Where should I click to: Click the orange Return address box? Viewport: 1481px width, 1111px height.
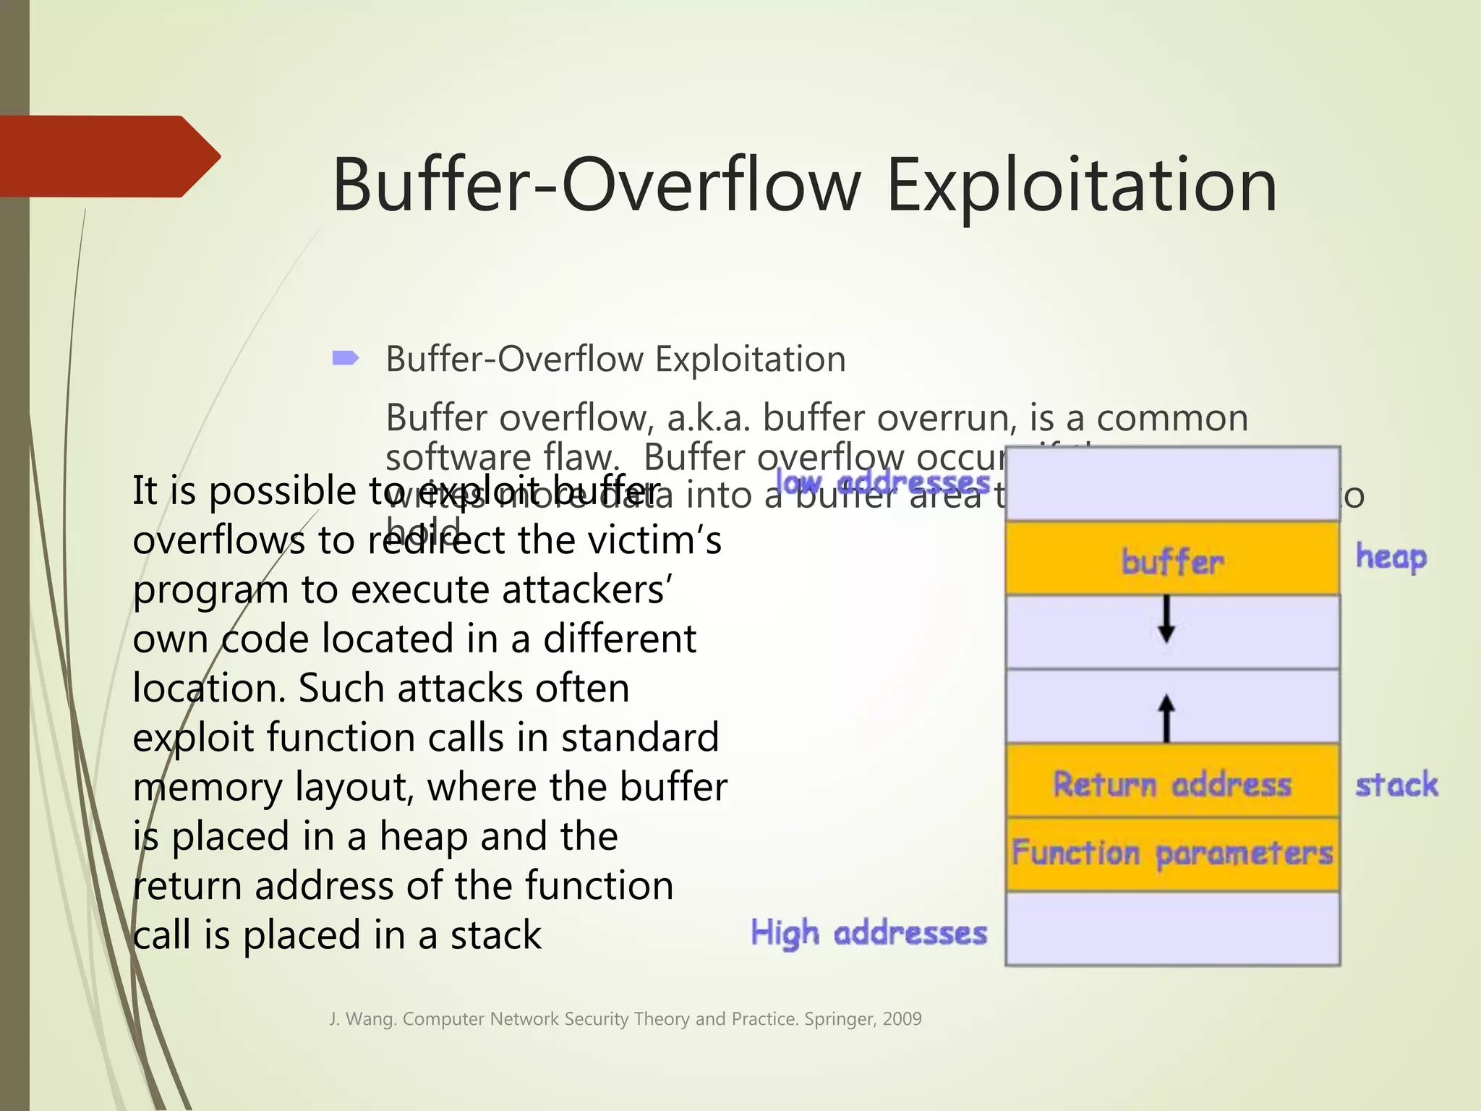(x=1172, y=783)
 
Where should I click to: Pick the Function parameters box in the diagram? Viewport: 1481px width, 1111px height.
(x=1172, y=854)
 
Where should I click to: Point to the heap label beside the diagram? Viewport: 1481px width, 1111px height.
(x=1391, y=558)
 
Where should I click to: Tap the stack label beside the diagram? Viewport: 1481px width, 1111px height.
(x=1396, y=785)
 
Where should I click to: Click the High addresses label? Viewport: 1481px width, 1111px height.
(x=868, y=932)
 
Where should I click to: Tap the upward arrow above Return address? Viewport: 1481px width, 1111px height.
(x=1166, y=718)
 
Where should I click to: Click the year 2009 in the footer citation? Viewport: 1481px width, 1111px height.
(x=902, y=1019)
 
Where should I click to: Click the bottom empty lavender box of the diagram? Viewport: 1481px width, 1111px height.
(x=1172, y=929)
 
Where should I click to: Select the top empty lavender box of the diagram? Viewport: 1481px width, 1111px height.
(x=1172, y=483)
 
